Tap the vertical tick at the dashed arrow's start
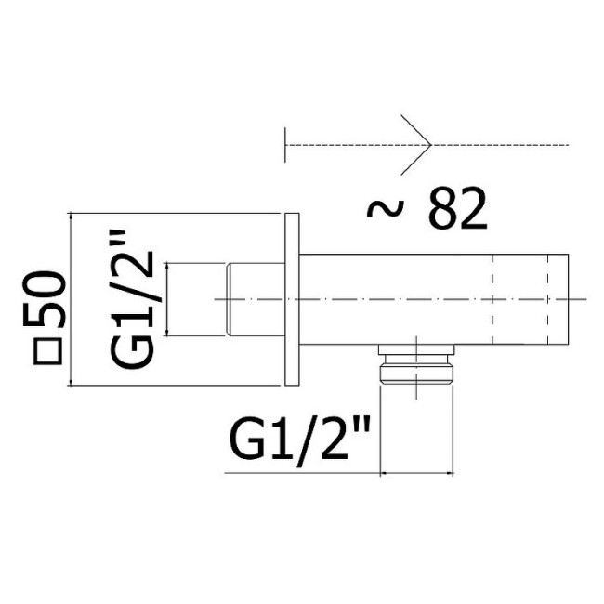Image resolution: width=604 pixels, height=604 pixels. pos(285,145)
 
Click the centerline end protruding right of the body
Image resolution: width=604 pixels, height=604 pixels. pos(580,299)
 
